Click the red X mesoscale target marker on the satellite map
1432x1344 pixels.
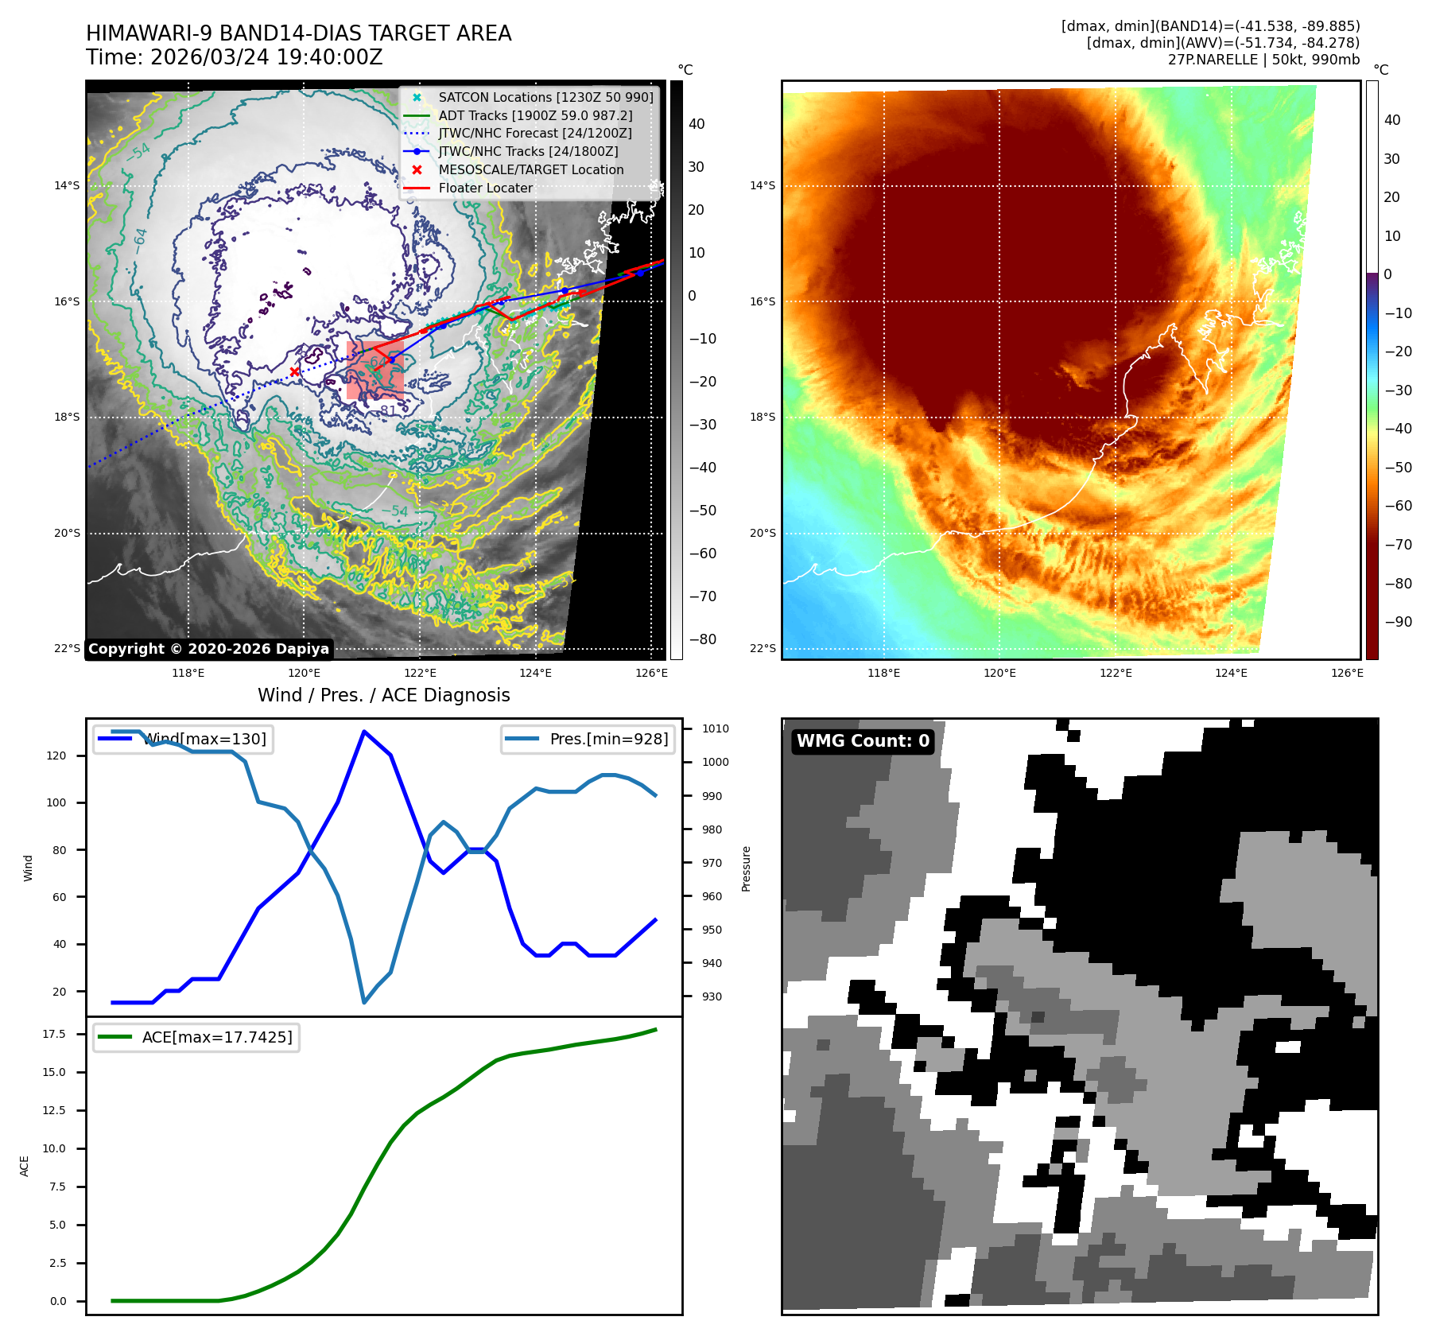[x=294, y=371]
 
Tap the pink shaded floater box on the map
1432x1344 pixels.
[x=374, y=370]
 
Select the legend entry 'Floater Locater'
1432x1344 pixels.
[x=485, y=188]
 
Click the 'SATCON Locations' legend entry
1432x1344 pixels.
[x=545, y=98]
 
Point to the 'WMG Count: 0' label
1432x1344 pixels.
[x=863, y=741]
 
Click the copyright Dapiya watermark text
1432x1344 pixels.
[x=208, y=649]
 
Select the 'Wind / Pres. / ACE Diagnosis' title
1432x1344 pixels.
[x=383, y=695]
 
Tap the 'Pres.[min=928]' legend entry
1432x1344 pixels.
[x=608, y=740]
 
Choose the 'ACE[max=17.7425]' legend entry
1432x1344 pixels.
[x=216, y=1037]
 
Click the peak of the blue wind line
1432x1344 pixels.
[x=363, y=731]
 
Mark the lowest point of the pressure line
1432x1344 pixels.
[x=364, y=1002]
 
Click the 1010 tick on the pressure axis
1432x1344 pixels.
[x=715, y=728]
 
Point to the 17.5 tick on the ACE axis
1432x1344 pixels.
[x=54, y=1034]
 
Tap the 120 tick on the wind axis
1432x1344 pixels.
[x=56, y=756]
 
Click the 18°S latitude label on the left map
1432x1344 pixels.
[x=67, y=418]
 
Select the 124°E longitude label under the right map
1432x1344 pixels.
[x=1231, y=673]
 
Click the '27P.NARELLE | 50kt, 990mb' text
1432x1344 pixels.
[x=1263, y=60]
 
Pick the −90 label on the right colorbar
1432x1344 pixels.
[x=1398, y=622]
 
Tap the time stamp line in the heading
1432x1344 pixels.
[x=235, y=57]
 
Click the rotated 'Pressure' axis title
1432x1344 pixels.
[x=746, y=868]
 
